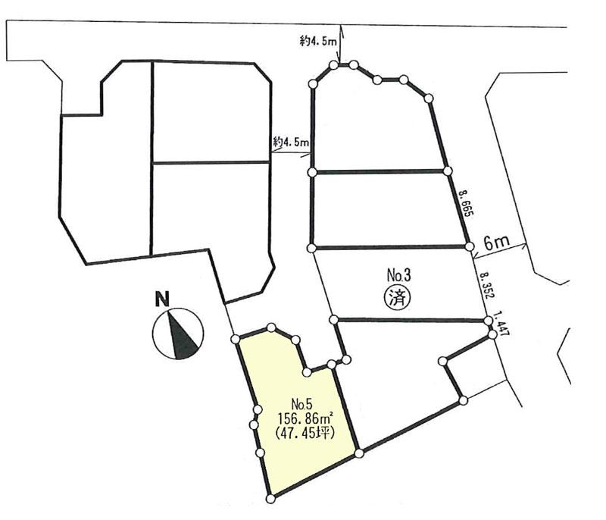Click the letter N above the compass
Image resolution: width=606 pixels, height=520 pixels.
click(161, 300)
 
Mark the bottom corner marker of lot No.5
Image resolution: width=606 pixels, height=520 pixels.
click(270, 498)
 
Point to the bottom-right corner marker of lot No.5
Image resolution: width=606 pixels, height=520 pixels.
click(358, 453)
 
